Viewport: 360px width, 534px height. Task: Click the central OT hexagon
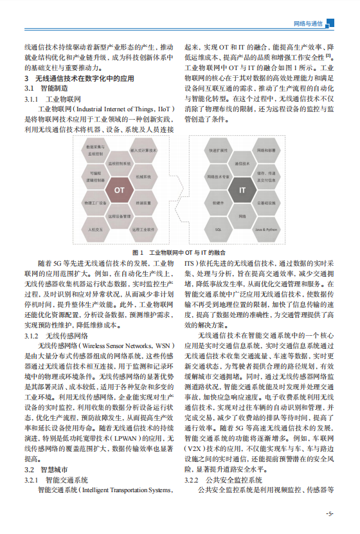click(x=120, y=190)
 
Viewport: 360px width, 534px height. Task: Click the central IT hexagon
click(x=242, y=191)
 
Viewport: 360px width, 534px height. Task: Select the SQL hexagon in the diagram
click(x=219, y=228)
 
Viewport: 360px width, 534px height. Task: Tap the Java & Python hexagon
click(x=266, y=228)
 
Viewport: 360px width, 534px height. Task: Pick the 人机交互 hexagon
click(x=96, y=228)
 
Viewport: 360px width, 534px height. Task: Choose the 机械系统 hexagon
click(x=143, y=176)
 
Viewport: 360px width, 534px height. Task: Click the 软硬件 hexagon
click(x=219, y=202)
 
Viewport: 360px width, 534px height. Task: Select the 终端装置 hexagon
click(x=143, y=203)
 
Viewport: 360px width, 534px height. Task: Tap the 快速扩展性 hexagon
click(x=219, y=149)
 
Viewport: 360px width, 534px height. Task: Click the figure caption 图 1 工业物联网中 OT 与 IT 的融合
click(x=180, y=253)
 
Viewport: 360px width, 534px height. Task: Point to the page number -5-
click(x=330, y=513)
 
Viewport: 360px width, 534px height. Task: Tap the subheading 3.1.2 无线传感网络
click(x=56, y=336)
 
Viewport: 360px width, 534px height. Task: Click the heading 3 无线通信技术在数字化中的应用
click(x=79, y=78)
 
